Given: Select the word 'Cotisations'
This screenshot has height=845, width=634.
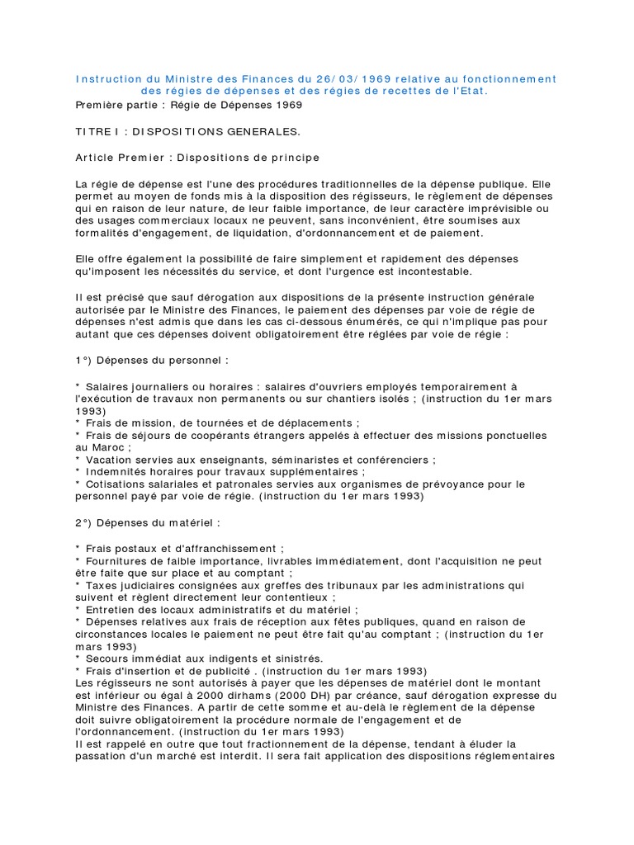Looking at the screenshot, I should click(118, 484).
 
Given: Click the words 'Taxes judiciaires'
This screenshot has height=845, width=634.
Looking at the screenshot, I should click(134, 585).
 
